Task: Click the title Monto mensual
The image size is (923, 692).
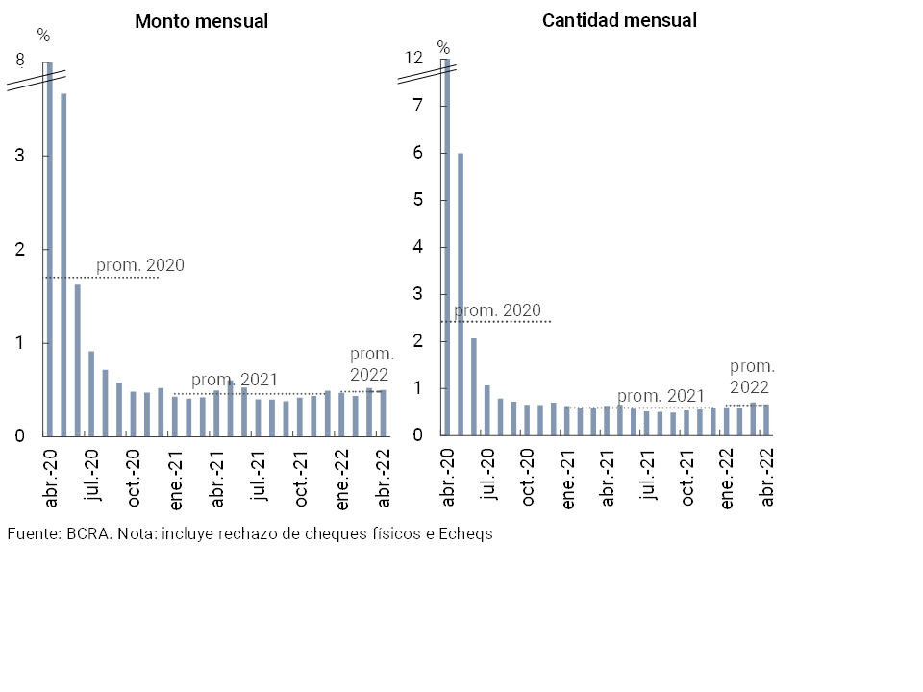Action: tap(201, 21)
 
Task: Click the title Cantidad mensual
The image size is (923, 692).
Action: tap(619, 20)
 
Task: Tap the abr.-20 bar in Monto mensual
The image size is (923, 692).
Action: tap(49, 250)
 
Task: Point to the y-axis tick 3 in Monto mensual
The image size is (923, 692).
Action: tap(19, 156)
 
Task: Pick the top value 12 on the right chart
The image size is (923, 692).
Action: tap(413, 58)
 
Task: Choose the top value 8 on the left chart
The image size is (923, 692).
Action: tap(19, 61)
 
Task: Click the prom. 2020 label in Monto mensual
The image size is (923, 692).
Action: tap(139, 266)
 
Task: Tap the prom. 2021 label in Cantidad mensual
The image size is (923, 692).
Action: tap(661, 396)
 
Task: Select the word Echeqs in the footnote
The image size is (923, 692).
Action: tap(465, 534)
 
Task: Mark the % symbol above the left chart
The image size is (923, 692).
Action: tap(42, 36)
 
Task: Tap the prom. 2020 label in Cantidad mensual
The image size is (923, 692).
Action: tap(497, 311)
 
